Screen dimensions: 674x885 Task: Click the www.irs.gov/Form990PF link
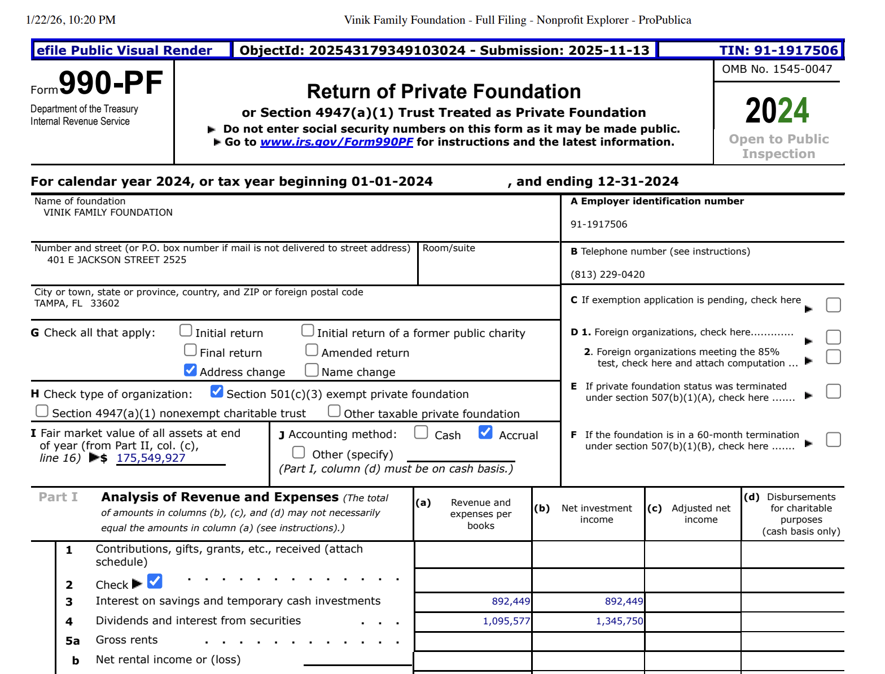tap(336, 142)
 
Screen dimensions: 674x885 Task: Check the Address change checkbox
tap(190, 370)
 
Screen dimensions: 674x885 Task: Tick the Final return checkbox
tap(190, 351)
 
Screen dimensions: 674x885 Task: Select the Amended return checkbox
tap(312, 351)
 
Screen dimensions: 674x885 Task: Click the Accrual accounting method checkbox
tap(485, 432)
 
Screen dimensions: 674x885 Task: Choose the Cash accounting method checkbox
tap(421, 432)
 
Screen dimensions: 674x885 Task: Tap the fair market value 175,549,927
tap(151, 458)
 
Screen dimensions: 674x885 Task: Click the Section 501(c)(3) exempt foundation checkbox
tap(217, 391)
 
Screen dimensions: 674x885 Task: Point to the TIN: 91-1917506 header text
tap(778, 50)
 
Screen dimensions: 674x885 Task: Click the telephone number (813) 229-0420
tap(607, 274)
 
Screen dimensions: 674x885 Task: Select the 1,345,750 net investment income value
tap(619, 621)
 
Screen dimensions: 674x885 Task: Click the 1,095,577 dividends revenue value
tap(506, 621)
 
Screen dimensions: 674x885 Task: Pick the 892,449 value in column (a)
tap(511, 601)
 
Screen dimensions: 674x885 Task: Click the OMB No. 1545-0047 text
tap(777, 69)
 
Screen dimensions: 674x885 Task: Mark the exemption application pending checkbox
tap(833, 305)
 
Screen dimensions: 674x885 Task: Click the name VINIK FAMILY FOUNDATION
tap(108, 212)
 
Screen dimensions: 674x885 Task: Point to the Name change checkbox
tap(312, 370)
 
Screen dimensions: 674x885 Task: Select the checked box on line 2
tap(155, 581)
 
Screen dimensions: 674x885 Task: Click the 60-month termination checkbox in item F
tap(833, 440)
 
